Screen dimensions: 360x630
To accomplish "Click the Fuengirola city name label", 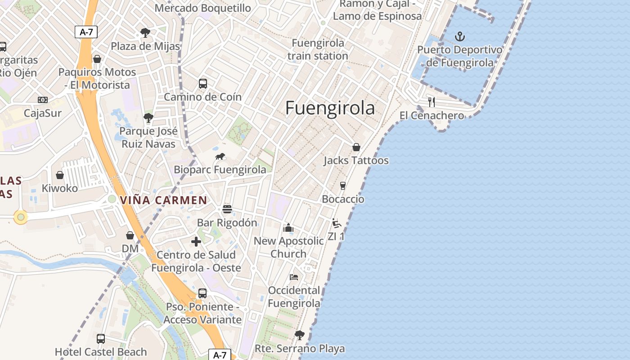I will point(330,108).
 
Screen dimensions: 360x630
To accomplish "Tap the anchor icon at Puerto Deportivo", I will point(460,36).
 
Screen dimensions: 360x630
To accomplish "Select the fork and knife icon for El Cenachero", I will point(432,102).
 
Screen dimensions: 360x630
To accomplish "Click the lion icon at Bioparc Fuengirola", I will point(220,157).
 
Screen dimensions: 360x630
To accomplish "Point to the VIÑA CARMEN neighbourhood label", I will point(164,200).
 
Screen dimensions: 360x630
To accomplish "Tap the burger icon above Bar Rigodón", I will point(227,209).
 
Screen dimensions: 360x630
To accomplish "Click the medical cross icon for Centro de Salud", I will point(196,242).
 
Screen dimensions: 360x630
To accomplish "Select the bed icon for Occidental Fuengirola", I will point(294,277).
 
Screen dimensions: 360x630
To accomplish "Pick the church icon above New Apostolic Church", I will point(288,228).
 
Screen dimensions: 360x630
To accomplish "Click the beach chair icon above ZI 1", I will point(336,223).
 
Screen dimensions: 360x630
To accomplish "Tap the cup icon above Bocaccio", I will point(343,186).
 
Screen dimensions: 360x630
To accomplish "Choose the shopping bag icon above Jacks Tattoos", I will point(356,147).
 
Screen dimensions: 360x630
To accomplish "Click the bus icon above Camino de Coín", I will point(203,84).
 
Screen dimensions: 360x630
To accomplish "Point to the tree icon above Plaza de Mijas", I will point(145,33).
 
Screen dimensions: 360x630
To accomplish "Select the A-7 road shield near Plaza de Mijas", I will point(85,31).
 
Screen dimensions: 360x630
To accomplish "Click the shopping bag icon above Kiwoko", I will point(60,175).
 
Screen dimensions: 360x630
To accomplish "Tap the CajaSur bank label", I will point(43,113).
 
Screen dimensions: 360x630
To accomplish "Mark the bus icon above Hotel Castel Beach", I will point(101,339).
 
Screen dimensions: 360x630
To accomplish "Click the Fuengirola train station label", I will point(318,49).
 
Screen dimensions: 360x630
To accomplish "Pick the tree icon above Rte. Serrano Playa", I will point(300,335).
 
